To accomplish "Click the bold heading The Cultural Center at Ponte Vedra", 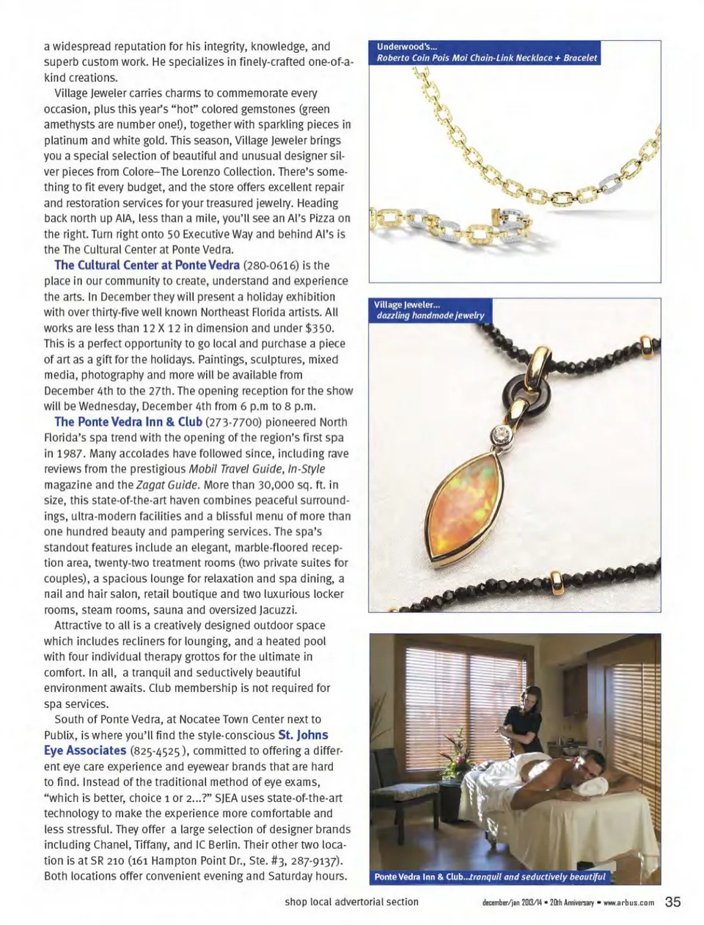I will click(x=147, y=265).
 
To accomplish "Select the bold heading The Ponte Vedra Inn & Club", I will click(x=128, y=422).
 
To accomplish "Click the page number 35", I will click(x=672, y=902).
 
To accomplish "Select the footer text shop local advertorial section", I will click(x=351, y=902).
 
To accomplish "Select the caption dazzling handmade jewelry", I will click(x=430, y=315).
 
